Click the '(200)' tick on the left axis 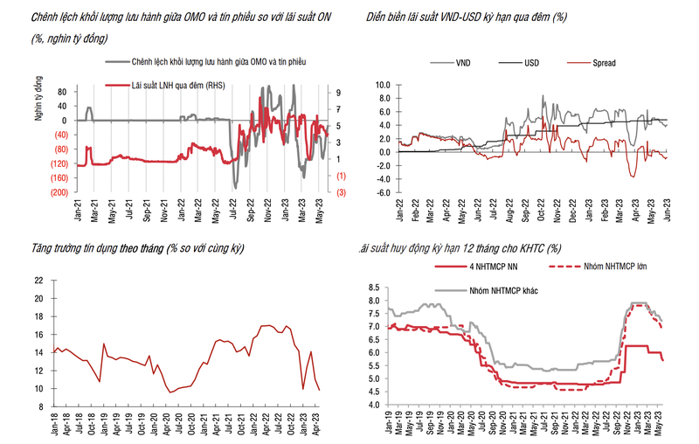pos(58,192)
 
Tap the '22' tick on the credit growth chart pos(38,281)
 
